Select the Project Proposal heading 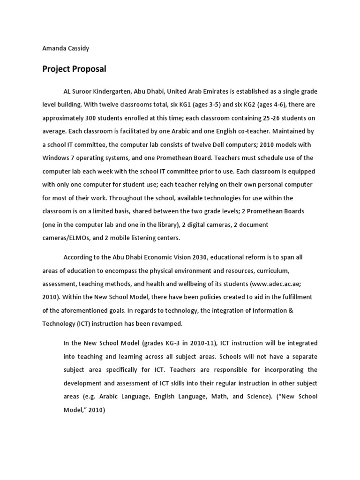point(74,69)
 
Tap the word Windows point(56,157)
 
